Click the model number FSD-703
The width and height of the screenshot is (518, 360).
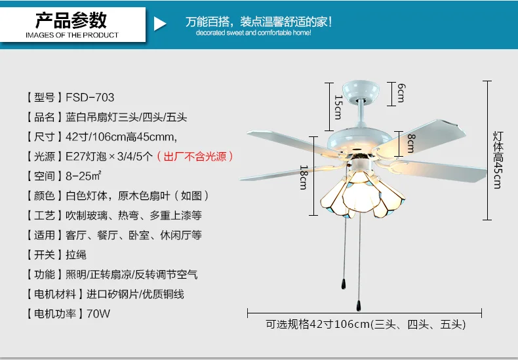point(90,98)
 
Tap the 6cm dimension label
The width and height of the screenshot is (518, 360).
point(401,93)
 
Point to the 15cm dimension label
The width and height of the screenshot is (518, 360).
point(338,107)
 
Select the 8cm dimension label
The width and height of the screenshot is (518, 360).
point(410,143)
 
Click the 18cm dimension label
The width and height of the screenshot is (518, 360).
point(304,177)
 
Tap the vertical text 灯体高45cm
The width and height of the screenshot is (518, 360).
point(498,160)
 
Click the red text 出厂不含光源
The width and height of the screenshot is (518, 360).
point(195,156)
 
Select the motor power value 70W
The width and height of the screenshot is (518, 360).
point(98,313)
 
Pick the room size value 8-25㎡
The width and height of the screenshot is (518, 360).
point(83,176)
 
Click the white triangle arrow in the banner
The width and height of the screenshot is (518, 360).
point(159,24)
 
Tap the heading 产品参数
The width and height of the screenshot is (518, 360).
point(71,20)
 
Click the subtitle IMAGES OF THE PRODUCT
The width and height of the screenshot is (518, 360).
point(72,35)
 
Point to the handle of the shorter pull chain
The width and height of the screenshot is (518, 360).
point(344,284)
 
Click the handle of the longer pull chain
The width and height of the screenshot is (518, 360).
point(359,306)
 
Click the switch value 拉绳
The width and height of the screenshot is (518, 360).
point(76,254)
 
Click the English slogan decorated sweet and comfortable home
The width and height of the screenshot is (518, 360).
point(253,33)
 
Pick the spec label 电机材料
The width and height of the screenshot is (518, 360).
point(55,294)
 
